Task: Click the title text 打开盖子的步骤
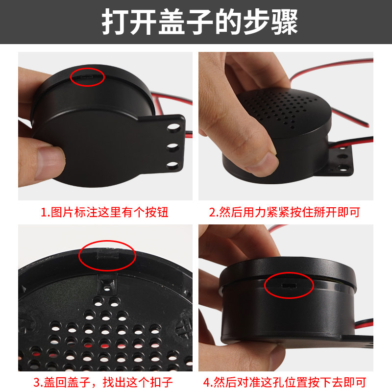200,22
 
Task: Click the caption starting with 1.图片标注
104,212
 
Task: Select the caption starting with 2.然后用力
285,212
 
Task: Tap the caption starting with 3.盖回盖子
103,382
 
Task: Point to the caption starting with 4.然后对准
285,382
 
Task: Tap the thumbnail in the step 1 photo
49,163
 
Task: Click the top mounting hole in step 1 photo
173,127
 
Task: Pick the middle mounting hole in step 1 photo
173,147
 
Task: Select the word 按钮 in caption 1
157,212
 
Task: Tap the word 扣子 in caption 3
161,382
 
